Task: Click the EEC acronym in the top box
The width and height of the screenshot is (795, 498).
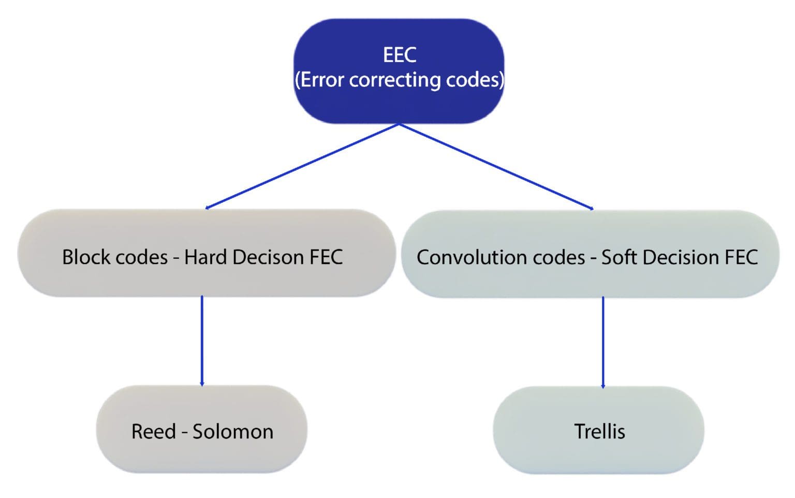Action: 399,55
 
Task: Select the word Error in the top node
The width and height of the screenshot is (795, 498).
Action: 321,80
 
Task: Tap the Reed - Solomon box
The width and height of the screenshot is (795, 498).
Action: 202,430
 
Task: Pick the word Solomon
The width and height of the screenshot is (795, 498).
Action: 233,432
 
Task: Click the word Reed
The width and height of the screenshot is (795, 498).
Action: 154,432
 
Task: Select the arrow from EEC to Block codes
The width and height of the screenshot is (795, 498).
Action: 302,166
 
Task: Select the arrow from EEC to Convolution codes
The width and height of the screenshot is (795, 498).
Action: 496,166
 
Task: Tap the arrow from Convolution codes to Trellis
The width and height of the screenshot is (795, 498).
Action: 603,342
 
